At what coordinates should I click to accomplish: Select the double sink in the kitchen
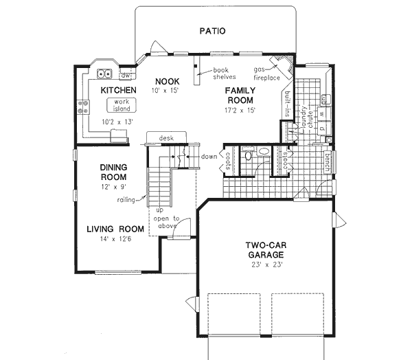click(105, 74)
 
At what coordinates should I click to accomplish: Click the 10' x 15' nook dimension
click(164, 91)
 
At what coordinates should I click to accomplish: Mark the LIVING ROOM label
click(115, 229)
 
